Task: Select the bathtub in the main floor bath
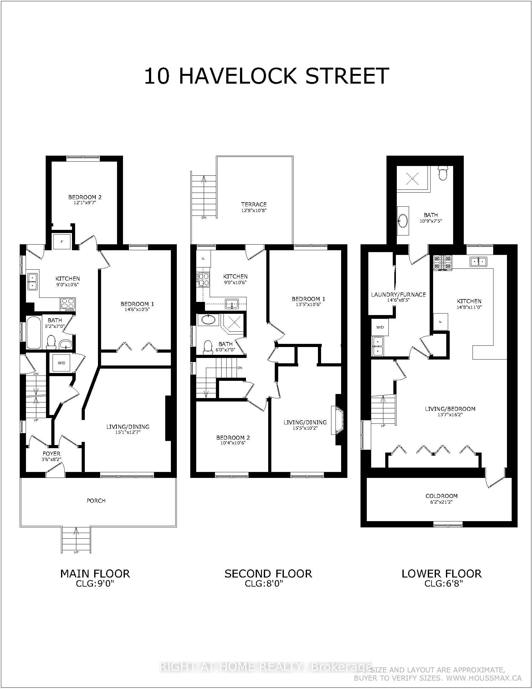(x=33, y=333)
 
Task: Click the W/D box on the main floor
(x=61, y=363)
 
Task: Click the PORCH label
(x=96, y=501)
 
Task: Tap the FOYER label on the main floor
(x=52, y=454)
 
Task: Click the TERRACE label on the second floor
(x=254, y=205)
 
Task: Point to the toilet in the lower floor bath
(x=443, y=173)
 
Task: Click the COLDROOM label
(x=441, y=496)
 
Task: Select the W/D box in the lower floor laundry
(x=380, y=327)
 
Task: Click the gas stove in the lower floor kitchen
(x=442, y=263)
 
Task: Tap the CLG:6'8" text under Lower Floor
(x=443, y=584)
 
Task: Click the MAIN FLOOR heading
(x=95, y=573)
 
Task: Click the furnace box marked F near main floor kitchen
(x=62, y=242)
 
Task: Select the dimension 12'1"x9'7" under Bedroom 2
(x=85, y=203)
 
